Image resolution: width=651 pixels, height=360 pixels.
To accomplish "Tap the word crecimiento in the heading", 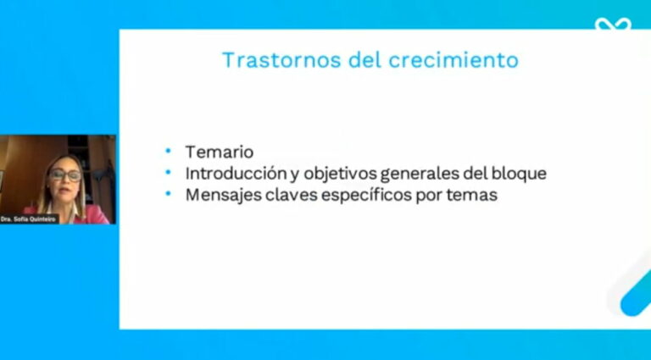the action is pos(453,60).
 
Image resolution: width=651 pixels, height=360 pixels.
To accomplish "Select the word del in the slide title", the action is pos(364,60).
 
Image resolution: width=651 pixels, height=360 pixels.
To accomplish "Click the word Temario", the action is pos(220,152).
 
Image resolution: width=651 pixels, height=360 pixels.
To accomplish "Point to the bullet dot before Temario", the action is pos(168,151).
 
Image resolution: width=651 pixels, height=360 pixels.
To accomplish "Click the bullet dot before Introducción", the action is pos(168,172).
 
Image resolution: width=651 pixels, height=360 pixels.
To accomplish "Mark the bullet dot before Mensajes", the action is pos(168,193).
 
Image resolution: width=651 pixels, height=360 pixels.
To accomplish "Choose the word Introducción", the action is pos(236,174).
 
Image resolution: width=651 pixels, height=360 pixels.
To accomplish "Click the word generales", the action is pos(419,174).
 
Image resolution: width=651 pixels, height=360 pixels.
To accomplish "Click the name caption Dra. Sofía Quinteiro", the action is pos(28,219).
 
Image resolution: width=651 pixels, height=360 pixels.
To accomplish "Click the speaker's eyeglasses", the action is pos(65,174).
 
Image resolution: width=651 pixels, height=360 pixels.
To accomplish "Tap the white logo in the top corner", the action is pos(613,24).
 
